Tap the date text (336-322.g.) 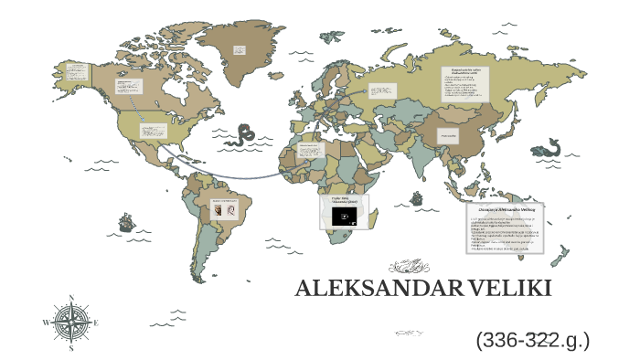532,341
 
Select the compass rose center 71,323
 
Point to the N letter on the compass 71,299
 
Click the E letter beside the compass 96,323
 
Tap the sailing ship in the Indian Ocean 417,197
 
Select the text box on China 449,136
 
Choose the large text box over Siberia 465,85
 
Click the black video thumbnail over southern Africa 345,216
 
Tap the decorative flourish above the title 410,267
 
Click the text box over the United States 153,131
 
